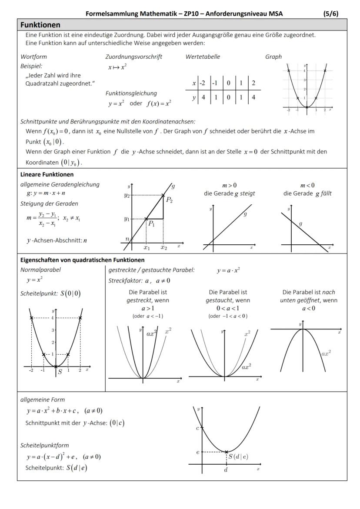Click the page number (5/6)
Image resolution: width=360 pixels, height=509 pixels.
[331, 13]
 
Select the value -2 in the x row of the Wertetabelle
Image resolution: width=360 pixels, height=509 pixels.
[202, 83]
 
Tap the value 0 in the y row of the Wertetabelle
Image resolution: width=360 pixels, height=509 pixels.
[228, 97]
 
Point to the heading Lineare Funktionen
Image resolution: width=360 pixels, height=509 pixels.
[47, 175]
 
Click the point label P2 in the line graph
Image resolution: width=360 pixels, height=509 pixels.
[169, 200]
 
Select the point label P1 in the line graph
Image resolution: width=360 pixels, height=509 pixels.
[151, 223]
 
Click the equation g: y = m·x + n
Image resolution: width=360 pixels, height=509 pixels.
[46, 193]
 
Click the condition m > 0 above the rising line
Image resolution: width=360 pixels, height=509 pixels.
[230, 186]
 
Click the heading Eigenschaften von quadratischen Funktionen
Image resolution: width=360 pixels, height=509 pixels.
[76, 260]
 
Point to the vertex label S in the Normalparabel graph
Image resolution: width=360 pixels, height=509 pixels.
[60, 372]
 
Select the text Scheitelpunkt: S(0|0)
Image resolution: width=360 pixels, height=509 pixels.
[50, 293]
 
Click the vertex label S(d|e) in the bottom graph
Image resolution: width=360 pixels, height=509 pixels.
[238, 456]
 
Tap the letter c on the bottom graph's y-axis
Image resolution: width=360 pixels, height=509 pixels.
[197, 428]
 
